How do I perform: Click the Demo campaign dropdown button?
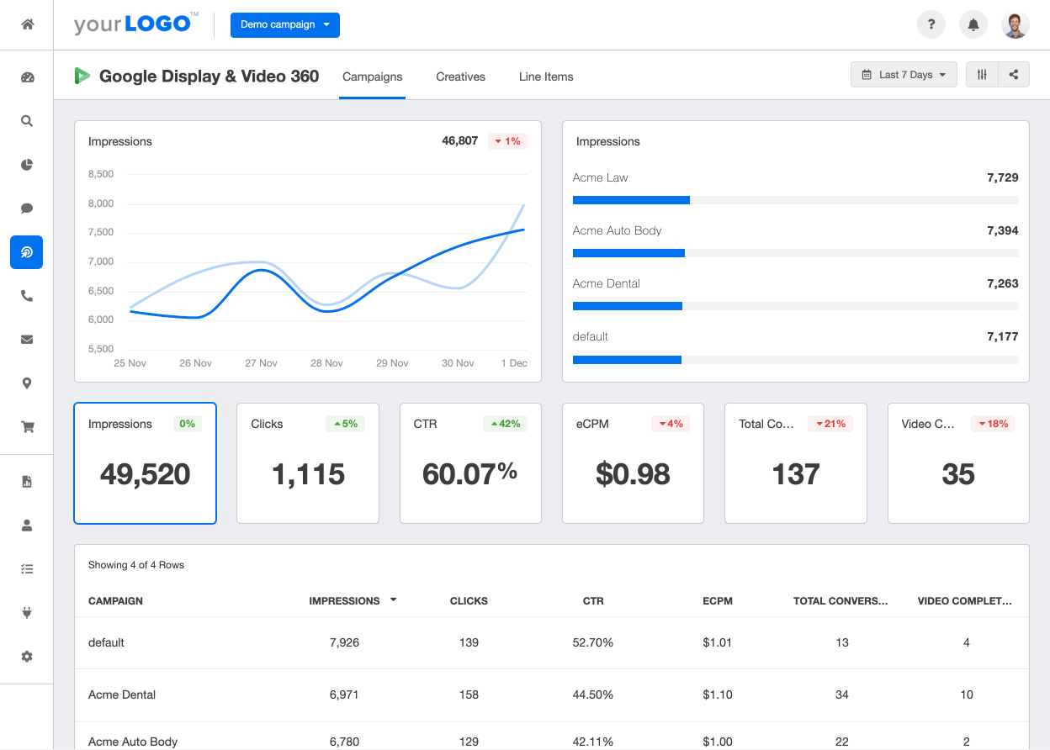coord(284,25)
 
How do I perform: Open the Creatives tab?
coord(460,77)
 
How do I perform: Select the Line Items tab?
coord(546,77)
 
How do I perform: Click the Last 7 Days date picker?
coord(904,75)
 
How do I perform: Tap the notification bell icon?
coord(973,25)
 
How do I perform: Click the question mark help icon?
coord(931,25)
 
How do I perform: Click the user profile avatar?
coord(1016,25)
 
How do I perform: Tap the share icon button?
coord(1014,75)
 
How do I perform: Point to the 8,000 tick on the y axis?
coord(100,203)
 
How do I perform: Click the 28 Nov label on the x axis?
coord(326,363)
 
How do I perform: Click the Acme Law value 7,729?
coord(1002,177)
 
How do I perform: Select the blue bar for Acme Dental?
coord(627,306)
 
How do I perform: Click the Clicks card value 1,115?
coord(308,474)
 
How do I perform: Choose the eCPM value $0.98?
coord(633,474)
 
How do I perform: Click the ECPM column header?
coord(718,601)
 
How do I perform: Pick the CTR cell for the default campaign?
coord(593,642)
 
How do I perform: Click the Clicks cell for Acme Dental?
coord(469,695)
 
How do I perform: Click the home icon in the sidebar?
coord(27,24)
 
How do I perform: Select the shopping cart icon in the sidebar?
coord(27,427)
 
